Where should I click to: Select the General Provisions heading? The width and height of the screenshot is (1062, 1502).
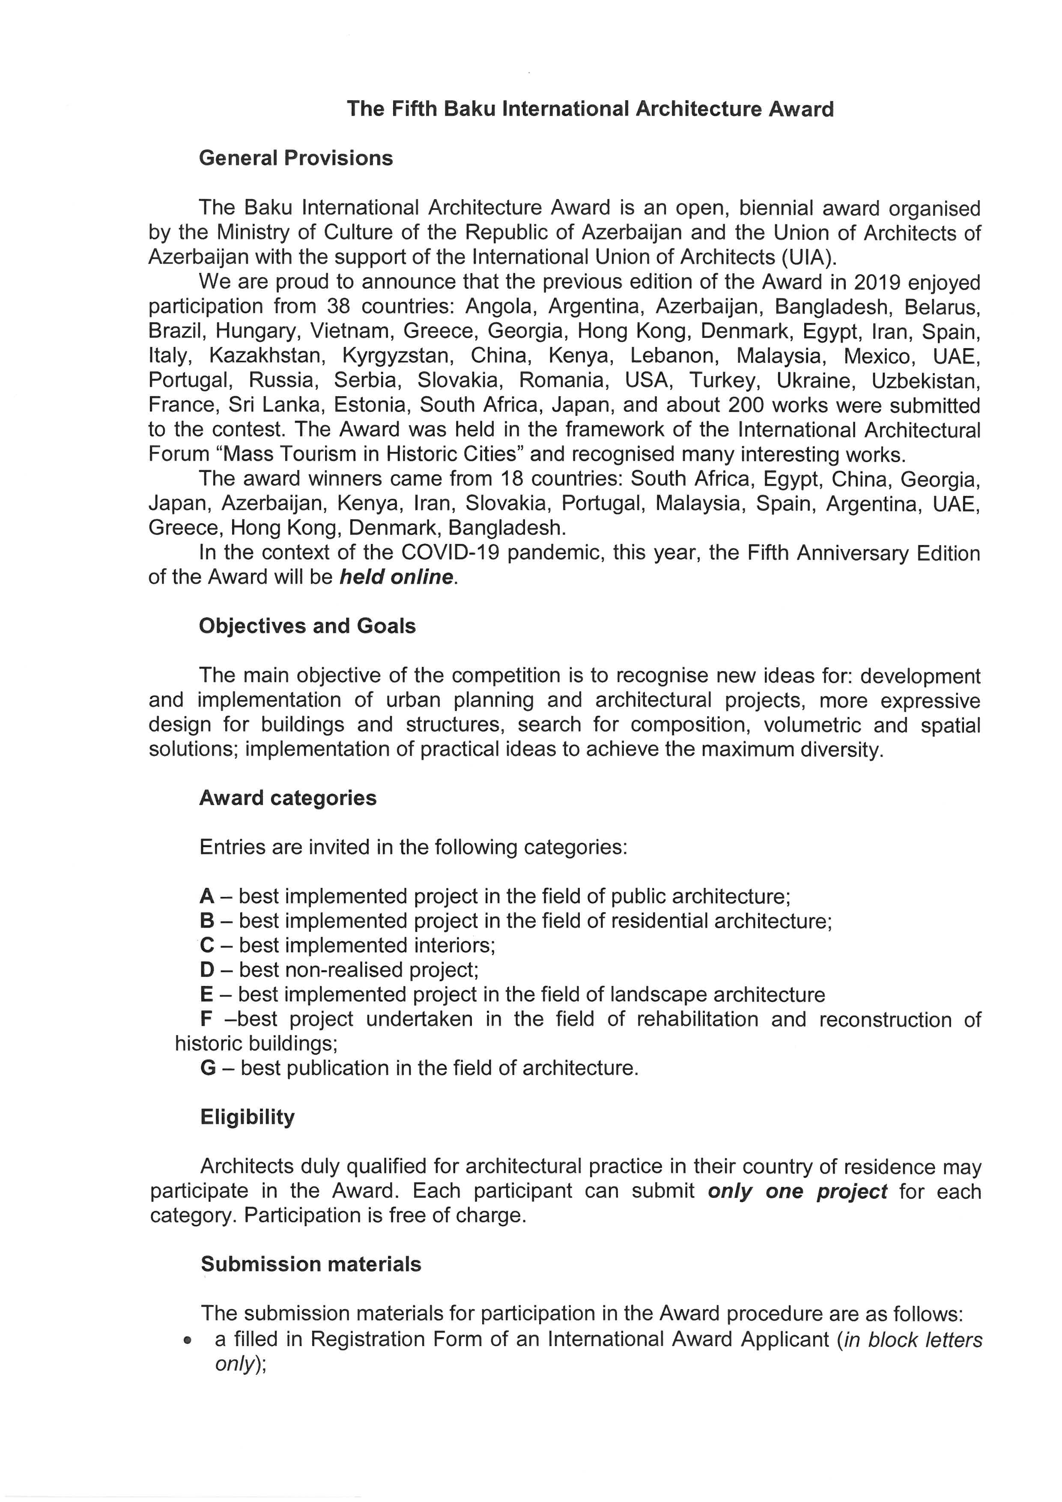pos(295,158)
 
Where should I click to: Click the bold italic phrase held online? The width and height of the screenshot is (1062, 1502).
pos(396,577)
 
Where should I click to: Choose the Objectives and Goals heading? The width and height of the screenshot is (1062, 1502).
pos(307,626)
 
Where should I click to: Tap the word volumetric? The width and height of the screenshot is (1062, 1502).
pos(813,725)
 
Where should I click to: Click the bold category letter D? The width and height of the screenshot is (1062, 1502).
pos(207,970)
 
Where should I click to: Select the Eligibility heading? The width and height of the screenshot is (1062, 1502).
pos(247,1117)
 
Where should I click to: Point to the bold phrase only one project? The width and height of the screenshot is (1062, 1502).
pos(797,1191)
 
